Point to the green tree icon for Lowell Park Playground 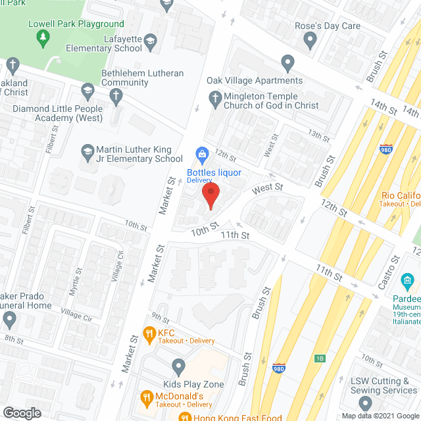click(x=44, y=37)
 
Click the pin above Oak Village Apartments click(x=287, y=64)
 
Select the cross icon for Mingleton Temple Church click(x=214, y=99)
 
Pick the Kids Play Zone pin click(x=178, y=366)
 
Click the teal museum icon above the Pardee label click(x=407, y=282)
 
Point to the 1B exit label click(x=320, y=359)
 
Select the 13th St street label click(x=318, y=136)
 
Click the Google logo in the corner click(x=21, y=412)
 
